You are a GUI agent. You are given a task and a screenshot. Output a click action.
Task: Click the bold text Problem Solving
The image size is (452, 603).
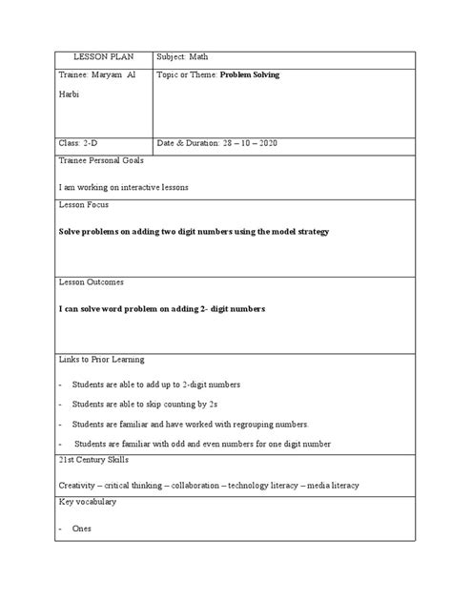254,74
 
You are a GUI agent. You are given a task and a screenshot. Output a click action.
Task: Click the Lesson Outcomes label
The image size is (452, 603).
92,282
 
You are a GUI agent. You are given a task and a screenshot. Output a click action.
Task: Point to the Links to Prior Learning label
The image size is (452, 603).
101,360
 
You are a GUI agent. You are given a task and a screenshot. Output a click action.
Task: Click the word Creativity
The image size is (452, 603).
79,486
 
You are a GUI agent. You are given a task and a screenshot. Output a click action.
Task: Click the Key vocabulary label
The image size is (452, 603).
88,503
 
